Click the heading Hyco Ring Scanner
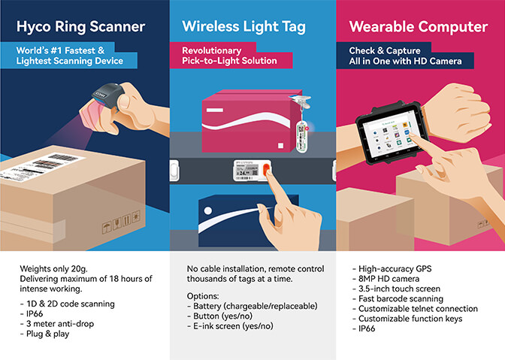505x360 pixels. click(x=80, y=27)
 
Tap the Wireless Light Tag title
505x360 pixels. click(x=243, y=27)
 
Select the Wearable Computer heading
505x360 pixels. click(x=419, y=27)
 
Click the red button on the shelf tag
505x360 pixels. click(x=266, y=170)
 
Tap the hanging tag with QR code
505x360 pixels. click(x=301, y=136)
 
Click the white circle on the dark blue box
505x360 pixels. click(x=208, y=210)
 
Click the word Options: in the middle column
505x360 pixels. click(x=203, y=296)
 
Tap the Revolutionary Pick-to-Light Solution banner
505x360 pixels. click(x=231, y=56)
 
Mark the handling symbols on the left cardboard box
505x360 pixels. click(x=121, y=222)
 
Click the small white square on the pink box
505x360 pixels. click(x=280, y=146)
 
